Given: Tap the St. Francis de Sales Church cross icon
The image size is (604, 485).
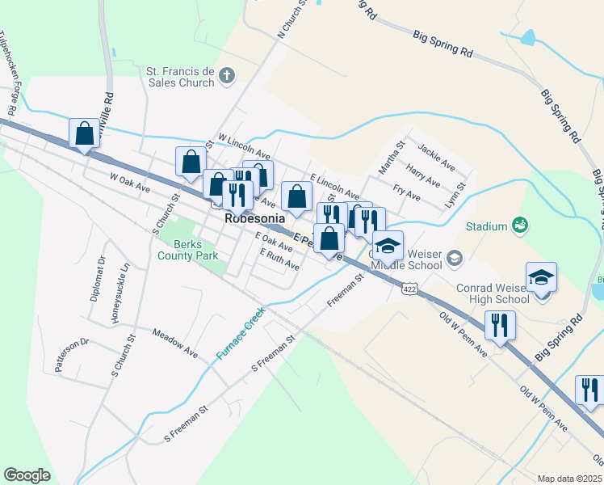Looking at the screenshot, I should pyautogui.click(x=227, y=77).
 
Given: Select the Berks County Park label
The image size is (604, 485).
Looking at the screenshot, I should pyautogui.click(x=195, y=251).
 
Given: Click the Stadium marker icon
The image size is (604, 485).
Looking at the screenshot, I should pyautogui.click(x=519, y=226).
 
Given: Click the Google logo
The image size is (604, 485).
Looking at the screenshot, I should pyautogui.click(x=27, y=474).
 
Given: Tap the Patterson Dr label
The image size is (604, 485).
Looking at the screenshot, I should pyautogui.click(x=71, y=356).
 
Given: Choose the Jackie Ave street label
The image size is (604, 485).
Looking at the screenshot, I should pyautogui.click(x=437, y=157).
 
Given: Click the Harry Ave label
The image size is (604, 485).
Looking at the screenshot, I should pyautogui.click(x=423, y=175).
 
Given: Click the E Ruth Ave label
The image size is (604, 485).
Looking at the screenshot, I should pyautogui.click(x=279, y=259).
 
